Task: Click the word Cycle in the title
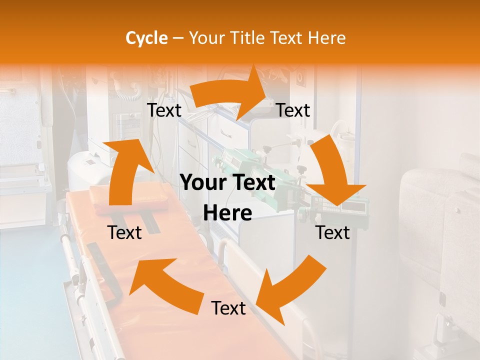point(146,38)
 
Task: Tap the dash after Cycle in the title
point(178,38)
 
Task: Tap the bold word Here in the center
point(227,213)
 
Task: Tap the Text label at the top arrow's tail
point(164,110)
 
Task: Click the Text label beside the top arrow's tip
point(293,110)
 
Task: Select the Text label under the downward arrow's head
point(332,232)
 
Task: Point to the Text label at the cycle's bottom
point(228,308)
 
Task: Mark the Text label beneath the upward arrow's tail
point(124,232)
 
